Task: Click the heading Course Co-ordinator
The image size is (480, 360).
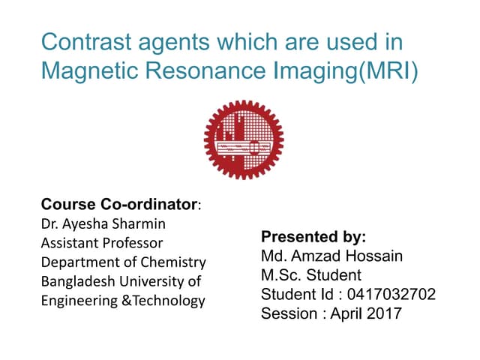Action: coord(119,204)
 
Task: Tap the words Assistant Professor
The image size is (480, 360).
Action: coord(101,243)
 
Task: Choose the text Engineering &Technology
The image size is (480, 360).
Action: coord(122,301)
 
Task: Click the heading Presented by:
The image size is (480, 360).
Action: coord(313,238)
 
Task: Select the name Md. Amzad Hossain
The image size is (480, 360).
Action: coord(331,256)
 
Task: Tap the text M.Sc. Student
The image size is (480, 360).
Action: coord(310,275)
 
